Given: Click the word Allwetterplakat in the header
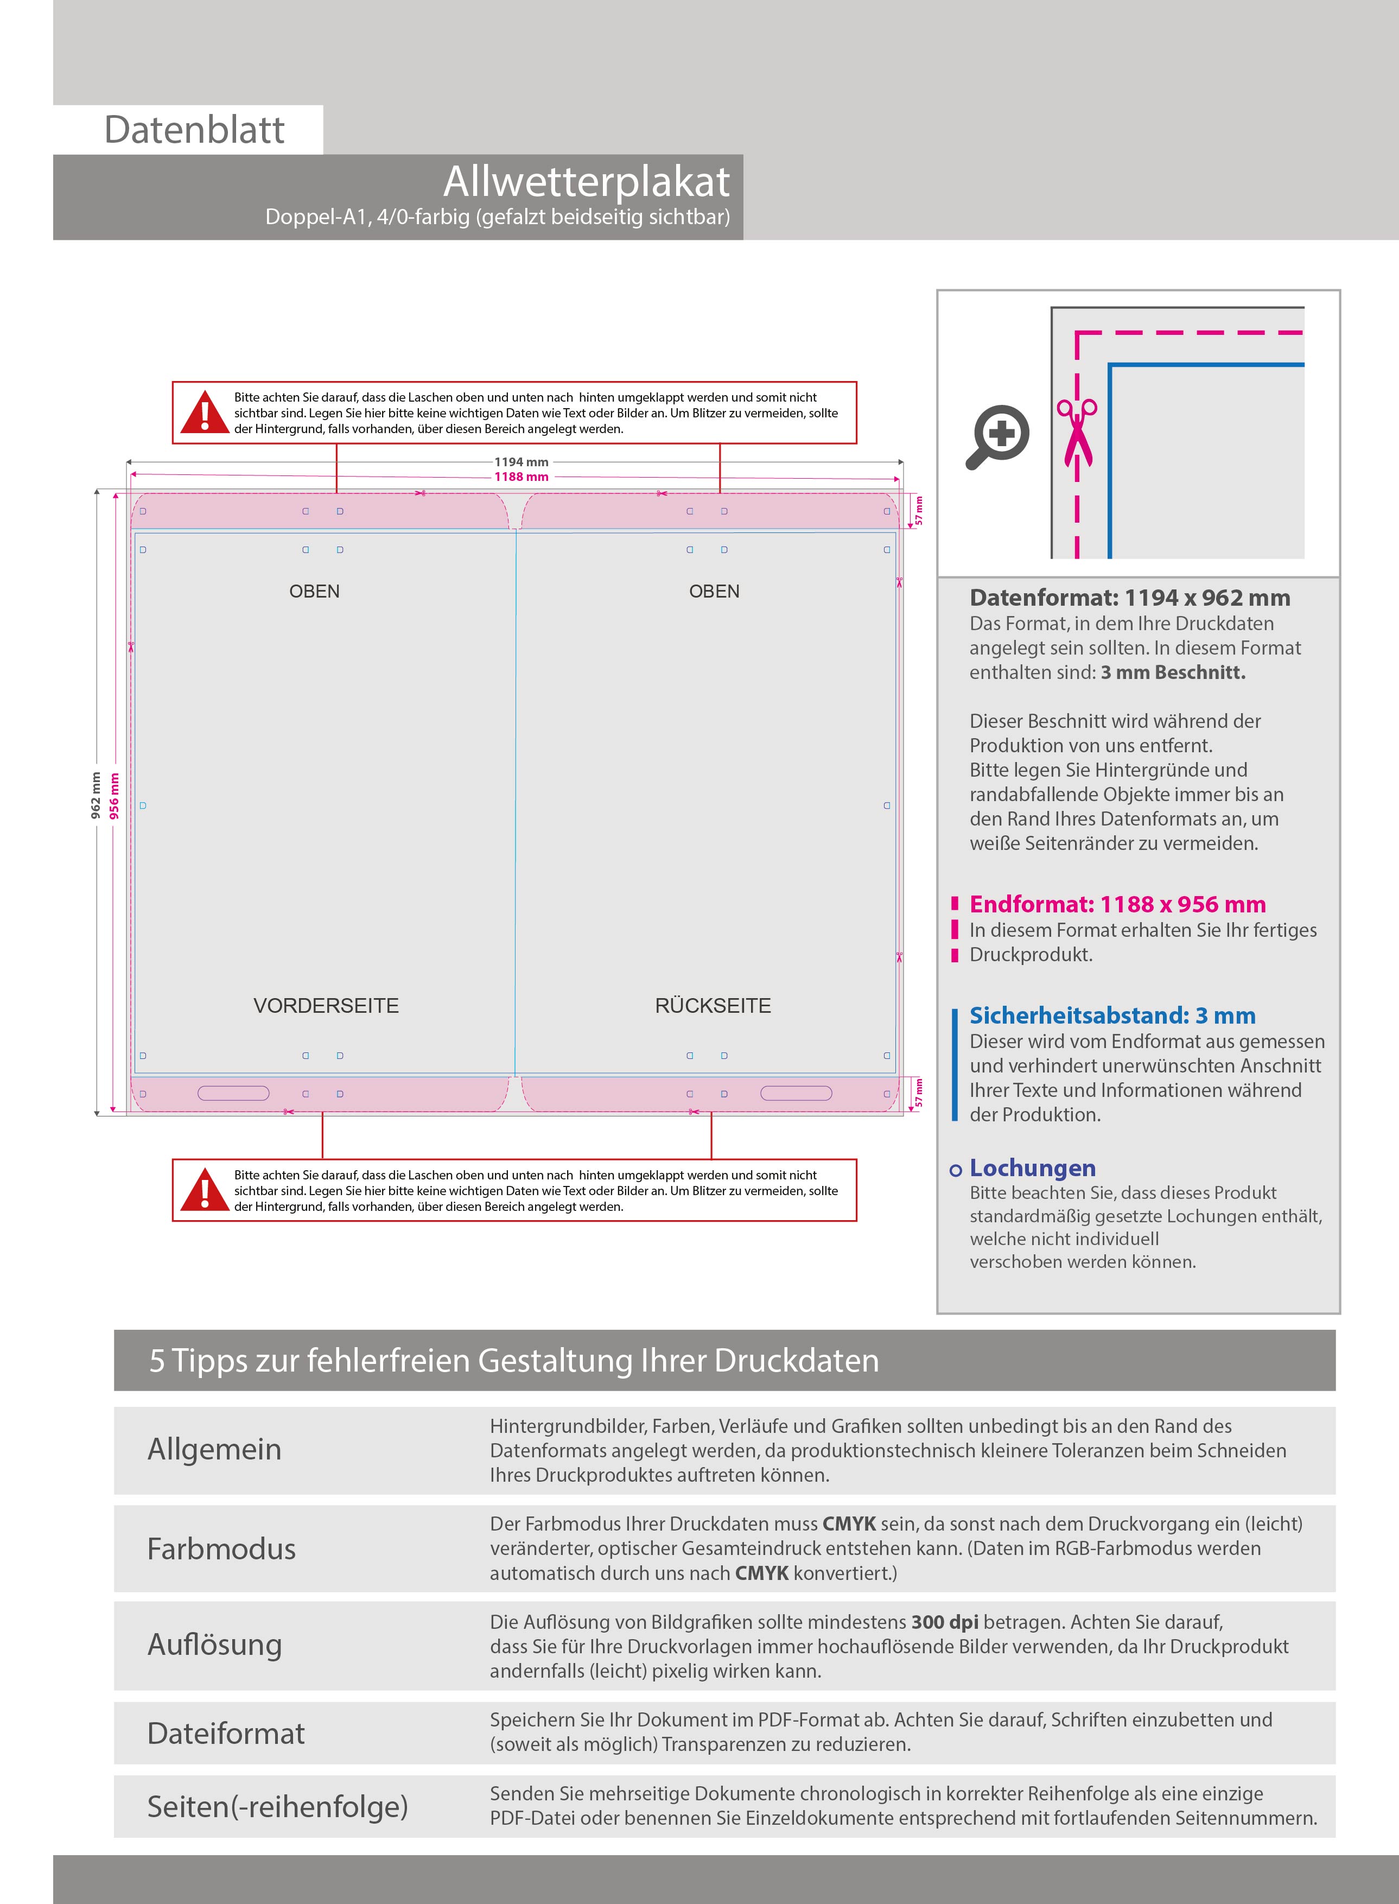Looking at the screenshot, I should (x=586, y=181).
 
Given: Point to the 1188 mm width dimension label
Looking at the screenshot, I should (x=521, y=477).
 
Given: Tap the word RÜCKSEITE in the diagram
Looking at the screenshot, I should (x=713, y=1005).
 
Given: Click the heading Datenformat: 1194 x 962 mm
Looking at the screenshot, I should (x=1130, y=598).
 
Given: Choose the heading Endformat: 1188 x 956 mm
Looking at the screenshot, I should (x=1117, y=905).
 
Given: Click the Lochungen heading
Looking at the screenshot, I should (x=1032, y=1168).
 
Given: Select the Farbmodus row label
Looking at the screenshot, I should (x=221, y=1549).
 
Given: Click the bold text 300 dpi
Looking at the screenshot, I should (x=944, y=1622).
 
